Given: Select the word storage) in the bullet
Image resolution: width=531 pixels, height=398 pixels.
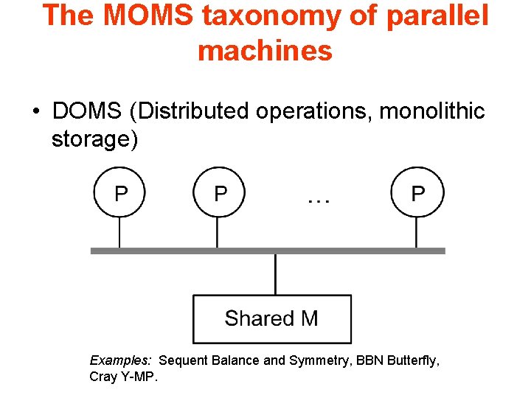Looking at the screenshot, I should pos(94,139).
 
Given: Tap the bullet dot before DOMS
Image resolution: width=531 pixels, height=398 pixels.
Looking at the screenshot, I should pos(35,112).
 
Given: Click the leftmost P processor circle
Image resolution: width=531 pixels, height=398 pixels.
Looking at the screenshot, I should pos(120,194).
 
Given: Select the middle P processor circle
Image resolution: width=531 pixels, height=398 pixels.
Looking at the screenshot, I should pos(219,194).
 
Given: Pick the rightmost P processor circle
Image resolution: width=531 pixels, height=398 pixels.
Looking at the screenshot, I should pos(417,194).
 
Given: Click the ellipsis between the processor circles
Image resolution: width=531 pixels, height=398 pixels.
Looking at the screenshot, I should pos(318,198).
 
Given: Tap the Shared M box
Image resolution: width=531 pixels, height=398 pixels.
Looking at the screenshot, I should pos(271,318).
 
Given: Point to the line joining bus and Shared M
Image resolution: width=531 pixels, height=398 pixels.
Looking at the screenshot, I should pos(275,274).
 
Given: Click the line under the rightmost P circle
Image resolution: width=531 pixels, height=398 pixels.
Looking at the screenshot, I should pos(417,234).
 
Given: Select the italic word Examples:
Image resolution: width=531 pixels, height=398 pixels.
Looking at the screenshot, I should pos(120,360).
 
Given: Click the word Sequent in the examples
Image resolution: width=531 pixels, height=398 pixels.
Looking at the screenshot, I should pos(183,360).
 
